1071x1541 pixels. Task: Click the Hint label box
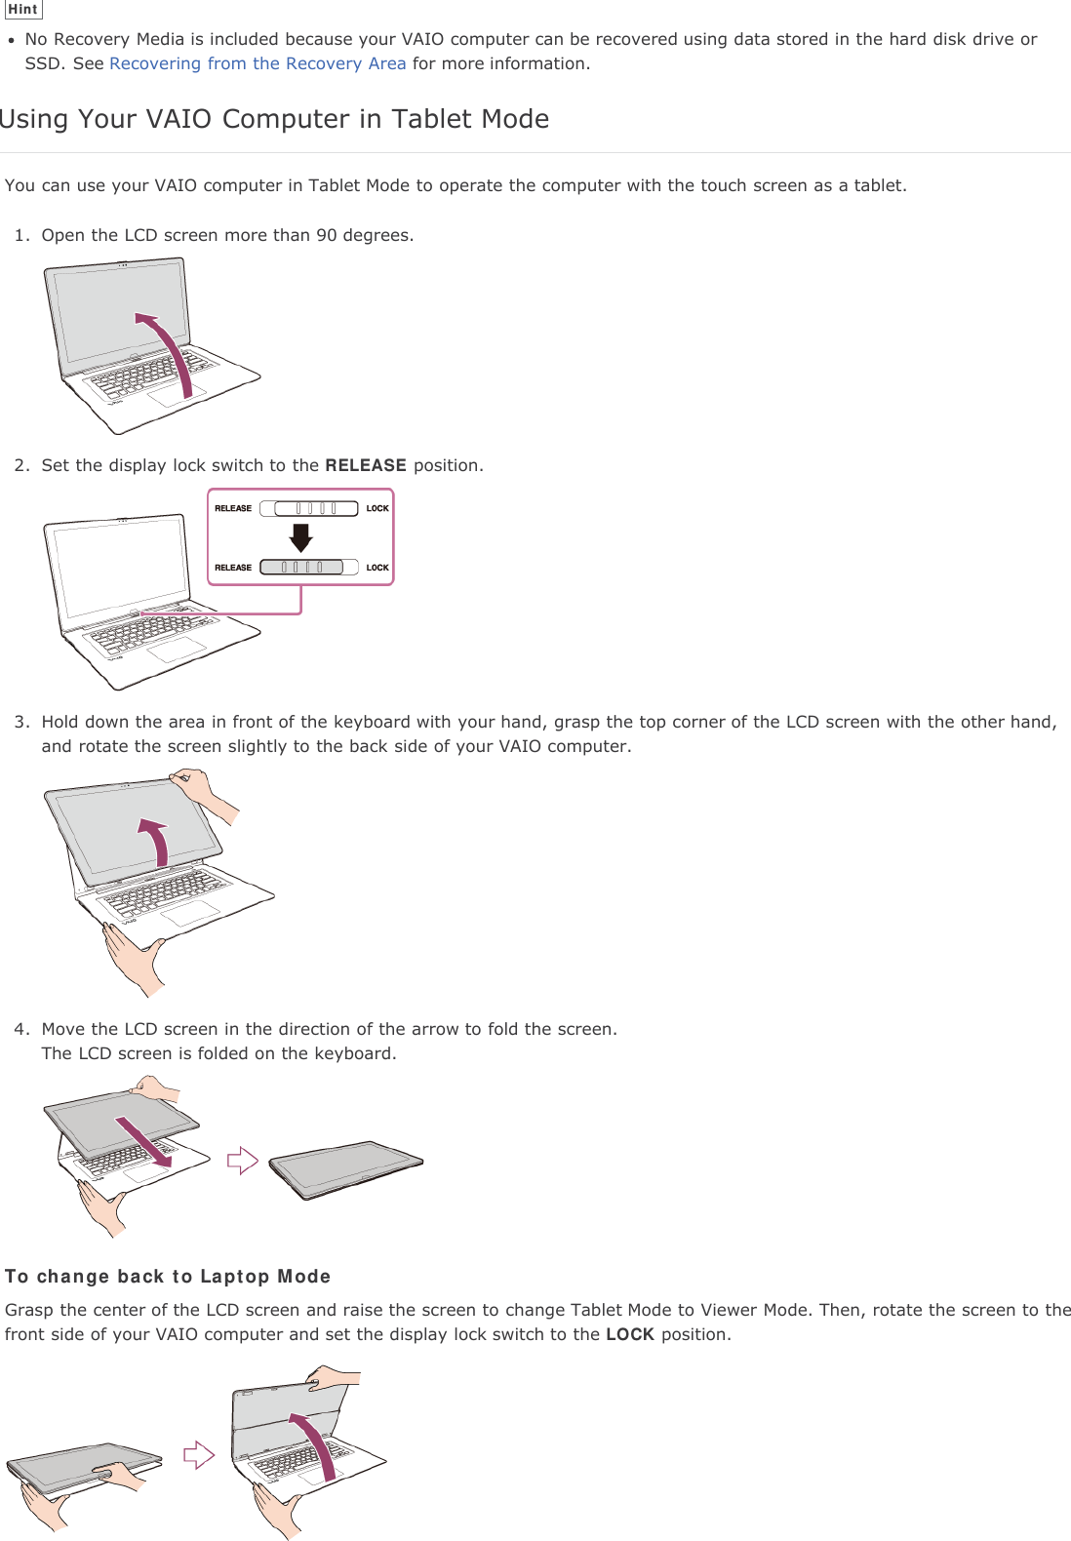pos(22,10)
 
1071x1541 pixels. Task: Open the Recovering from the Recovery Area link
pos(258,63)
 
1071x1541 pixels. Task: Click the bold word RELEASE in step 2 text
pos(365,465)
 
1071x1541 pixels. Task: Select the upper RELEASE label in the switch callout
pos(233,508)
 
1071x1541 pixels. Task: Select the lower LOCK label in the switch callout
pos(377,568)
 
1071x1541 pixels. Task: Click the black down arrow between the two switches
pos(300,537)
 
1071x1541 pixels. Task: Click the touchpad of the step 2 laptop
pos(178,650)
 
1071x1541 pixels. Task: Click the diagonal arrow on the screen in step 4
pos(144,1142)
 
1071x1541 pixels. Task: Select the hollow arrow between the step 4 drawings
pos(242,1161)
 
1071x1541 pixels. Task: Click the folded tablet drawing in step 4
pos(345,1168)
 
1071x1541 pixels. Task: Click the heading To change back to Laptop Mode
pos(168,1277)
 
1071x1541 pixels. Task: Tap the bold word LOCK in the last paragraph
pos(629,1334)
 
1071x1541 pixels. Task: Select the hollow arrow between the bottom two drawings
pos(199,1455)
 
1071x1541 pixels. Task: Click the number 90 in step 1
pos(326,235)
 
